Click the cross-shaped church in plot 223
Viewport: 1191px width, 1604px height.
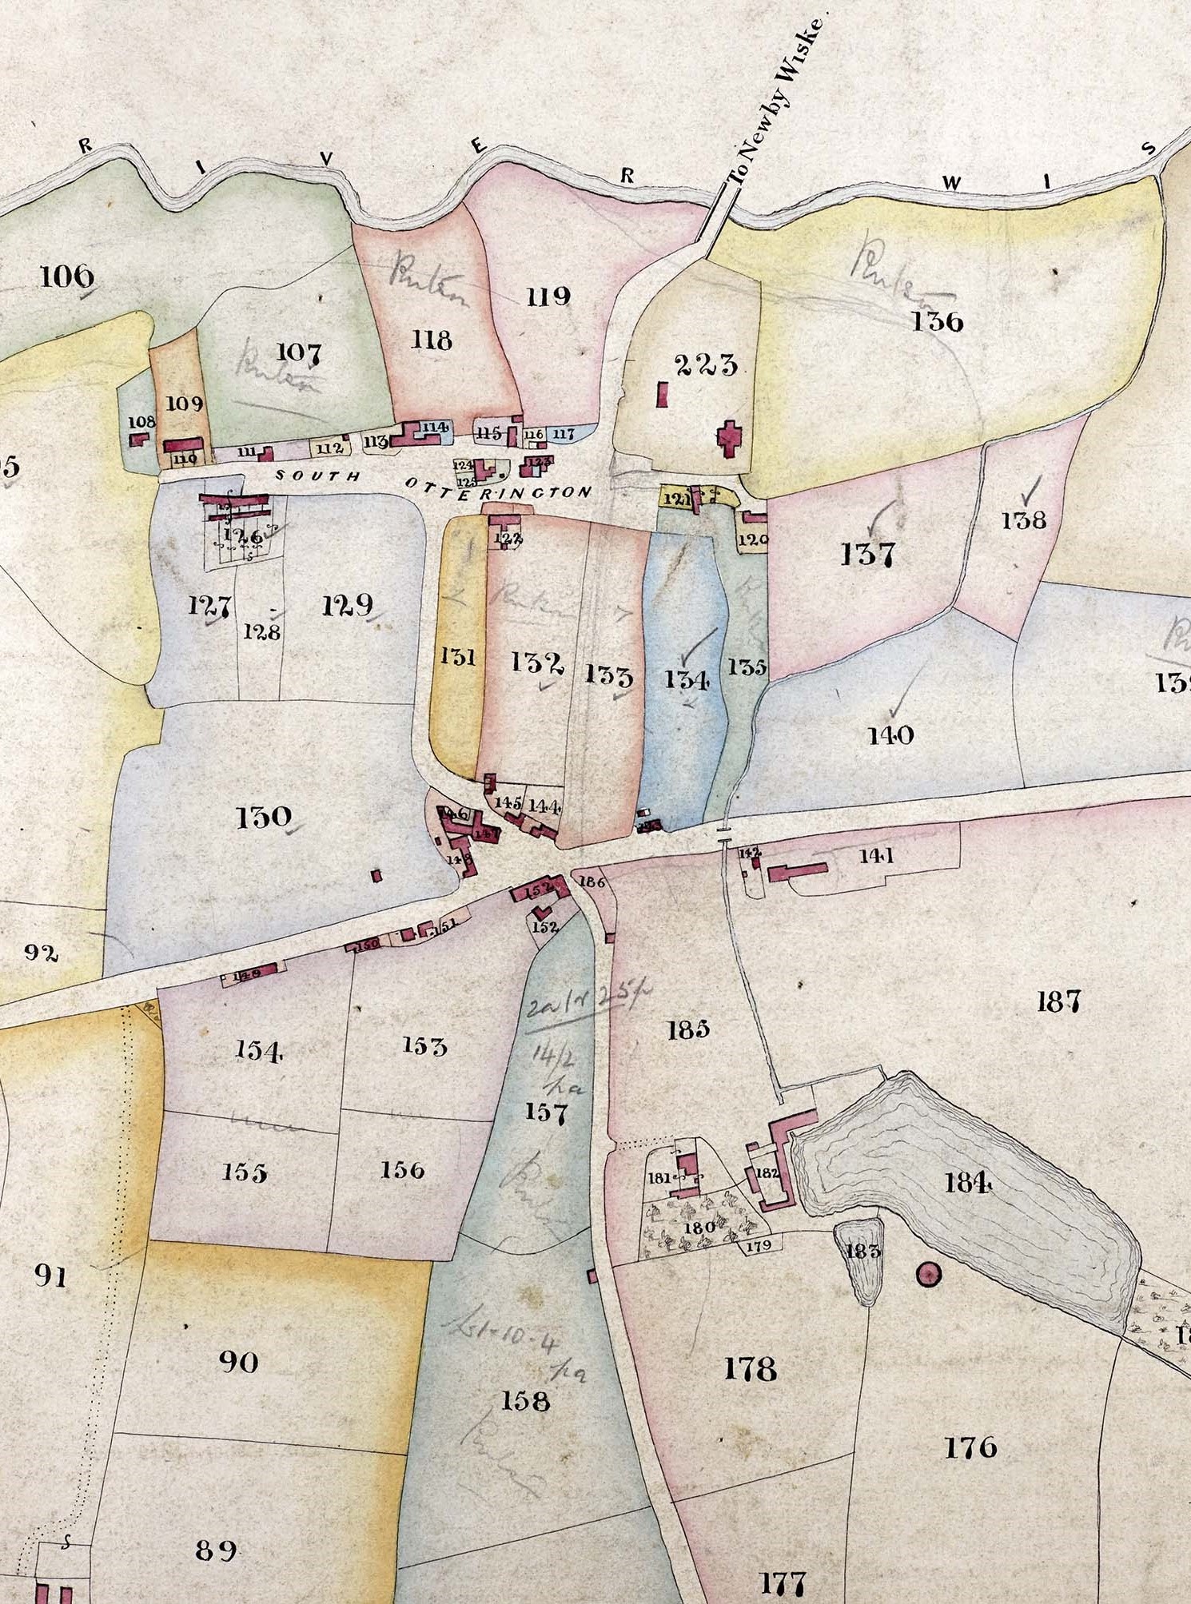[x=727, y=439]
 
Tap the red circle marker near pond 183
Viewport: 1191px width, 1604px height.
[x=928, y=1275]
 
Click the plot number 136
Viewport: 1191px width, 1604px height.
[x=937, y=322]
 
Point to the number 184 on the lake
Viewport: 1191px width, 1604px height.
[x=968, y=1182]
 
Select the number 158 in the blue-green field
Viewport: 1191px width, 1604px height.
[x=525, y=1400]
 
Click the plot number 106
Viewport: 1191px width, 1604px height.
[x=66, y=277]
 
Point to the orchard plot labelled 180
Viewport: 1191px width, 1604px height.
[x=699, y=1227]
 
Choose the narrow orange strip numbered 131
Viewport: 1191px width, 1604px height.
[x=458, y=657]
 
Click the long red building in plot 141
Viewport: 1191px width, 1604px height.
[x=797, y=872]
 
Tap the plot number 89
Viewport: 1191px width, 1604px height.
[x=216, y=1550]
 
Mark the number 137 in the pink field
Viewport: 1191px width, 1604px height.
[x=867, y=554]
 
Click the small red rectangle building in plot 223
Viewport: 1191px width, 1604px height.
[x=662, y=394]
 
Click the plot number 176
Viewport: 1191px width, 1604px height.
[x=970, y=1447]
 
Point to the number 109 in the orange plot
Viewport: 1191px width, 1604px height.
[x=185, y=404]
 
